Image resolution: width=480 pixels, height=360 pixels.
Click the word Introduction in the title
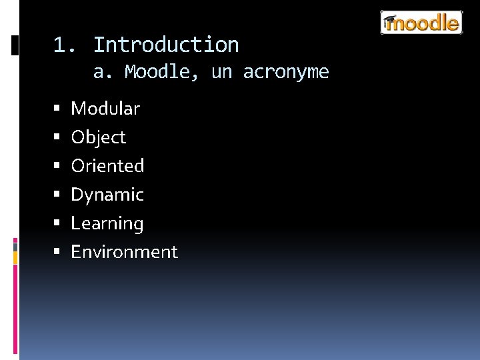pos(165,45)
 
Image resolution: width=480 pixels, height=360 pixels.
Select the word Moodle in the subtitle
pos(161,72)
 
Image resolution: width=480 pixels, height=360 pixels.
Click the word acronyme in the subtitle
pos(286,72)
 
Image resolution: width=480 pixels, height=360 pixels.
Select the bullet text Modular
pos(105,109)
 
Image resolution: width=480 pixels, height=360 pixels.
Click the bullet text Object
pos(98,137)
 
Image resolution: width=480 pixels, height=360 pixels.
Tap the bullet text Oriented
pos(107,166)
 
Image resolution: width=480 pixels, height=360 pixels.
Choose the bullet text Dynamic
pos(107,195)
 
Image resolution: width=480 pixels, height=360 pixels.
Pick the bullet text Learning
pos(107,223)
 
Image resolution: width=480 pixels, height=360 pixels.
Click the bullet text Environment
pos(124,252)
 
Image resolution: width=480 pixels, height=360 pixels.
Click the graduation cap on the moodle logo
pos(390,20)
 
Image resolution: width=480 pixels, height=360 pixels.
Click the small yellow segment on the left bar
pos(15,256)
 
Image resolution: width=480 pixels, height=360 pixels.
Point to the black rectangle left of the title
pos(15,45)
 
